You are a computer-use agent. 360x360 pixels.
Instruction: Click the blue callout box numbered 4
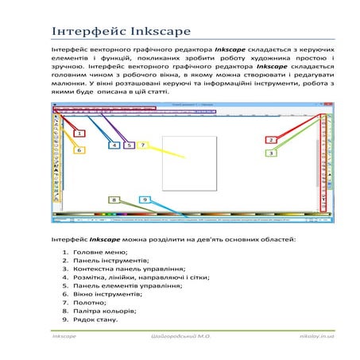pos(114,145)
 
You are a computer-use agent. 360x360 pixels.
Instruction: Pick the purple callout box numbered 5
pos(129,145)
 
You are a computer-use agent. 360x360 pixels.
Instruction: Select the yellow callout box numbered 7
pos(143,145)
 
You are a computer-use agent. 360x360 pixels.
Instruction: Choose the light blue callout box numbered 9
pos(145,199)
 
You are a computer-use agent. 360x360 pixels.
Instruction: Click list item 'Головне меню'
pos(101,251)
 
